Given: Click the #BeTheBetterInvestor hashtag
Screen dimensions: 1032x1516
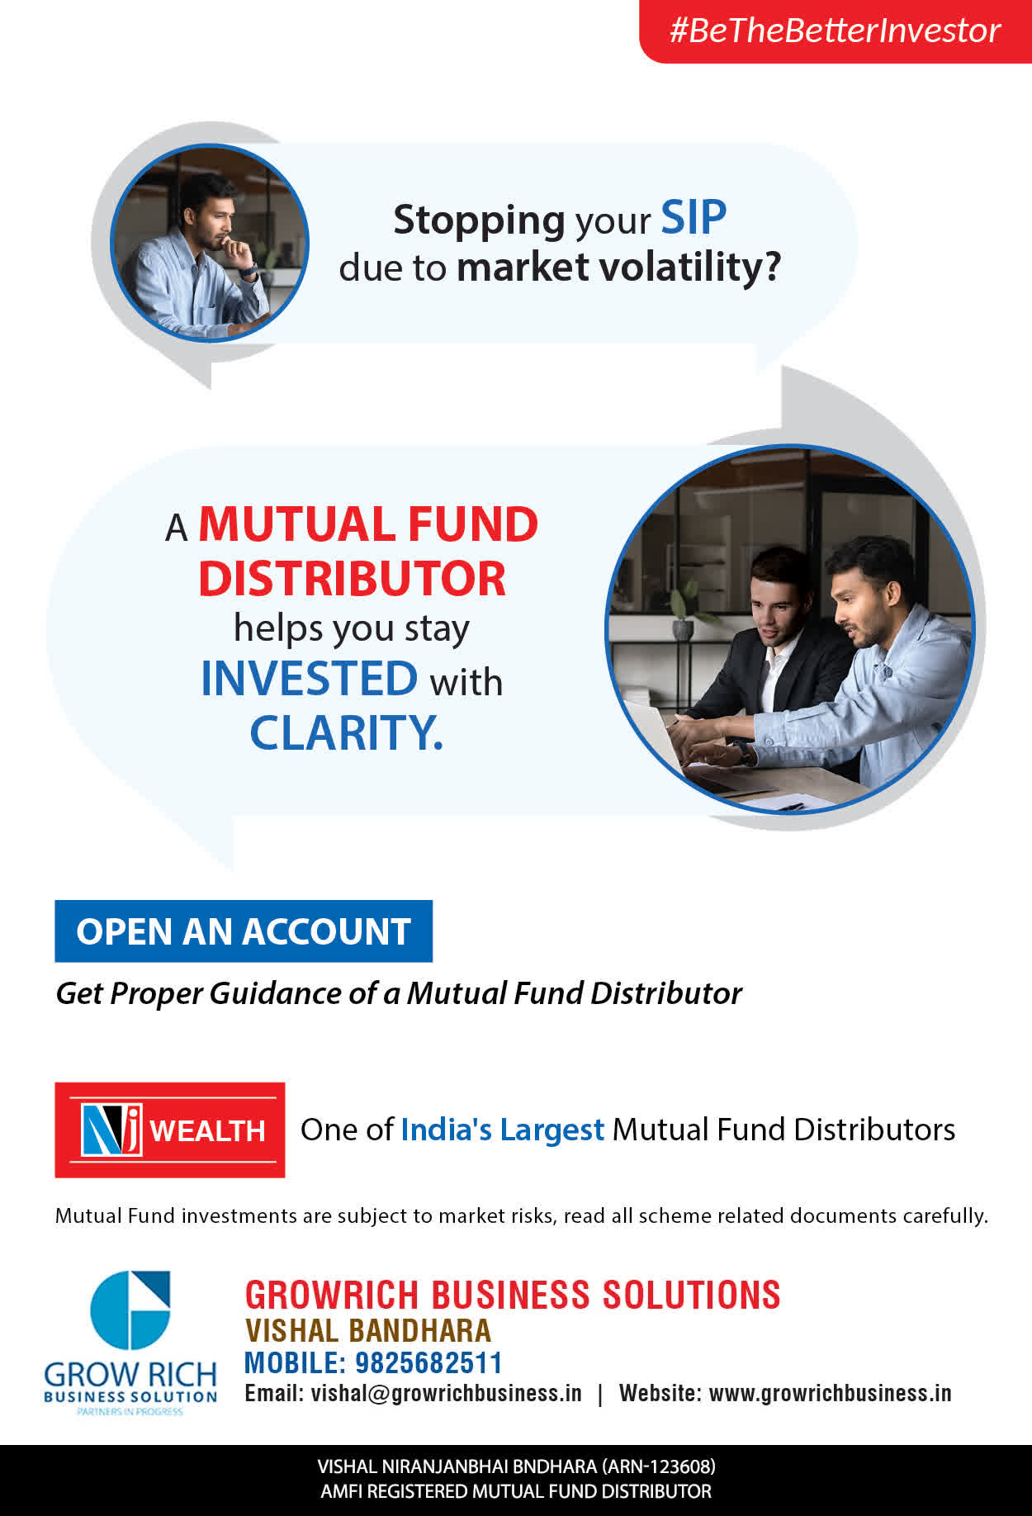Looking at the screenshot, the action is (x=835, y=31).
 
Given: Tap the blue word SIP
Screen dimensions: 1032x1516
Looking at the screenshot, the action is (x=694, y=218).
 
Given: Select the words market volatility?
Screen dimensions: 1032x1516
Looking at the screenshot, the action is (x=618, y=268).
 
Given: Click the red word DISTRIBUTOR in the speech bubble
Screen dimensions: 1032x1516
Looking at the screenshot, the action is (x=352, y=579).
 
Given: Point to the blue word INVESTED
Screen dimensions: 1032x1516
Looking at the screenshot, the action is (x=310, y=679).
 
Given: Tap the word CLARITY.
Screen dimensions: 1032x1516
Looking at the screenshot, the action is (x=347, y=732).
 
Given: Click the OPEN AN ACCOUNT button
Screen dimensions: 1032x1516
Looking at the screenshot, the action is (x=244, y=931).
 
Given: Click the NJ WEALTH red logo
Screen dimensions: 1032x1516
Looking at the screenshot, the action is (x=170, y=1130).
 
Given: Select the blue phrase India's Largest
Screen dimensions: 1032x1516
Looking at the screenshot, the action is (x=502, y=1130).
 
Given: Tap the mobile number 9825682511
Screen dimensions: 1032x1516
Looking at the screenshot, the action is (x=428, y=1362).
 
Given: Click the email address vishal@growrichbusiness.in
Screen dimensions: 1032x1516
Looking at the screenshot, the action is (x=446, y=1394).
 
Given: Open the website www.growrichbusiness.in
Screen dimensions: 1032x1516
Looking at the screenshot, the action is (x=830, y=1394).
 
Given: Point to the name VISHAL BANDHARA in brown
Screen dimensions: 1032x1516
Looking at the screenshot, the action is (x=368, y=1330).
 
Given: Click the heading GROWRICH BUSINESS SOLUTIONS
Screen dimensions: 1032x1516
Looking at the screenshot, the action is (x=513, y=1295).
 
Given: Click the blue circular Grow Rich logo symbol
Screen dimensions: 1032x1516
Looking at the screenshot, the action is (x=130, y=1310).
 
